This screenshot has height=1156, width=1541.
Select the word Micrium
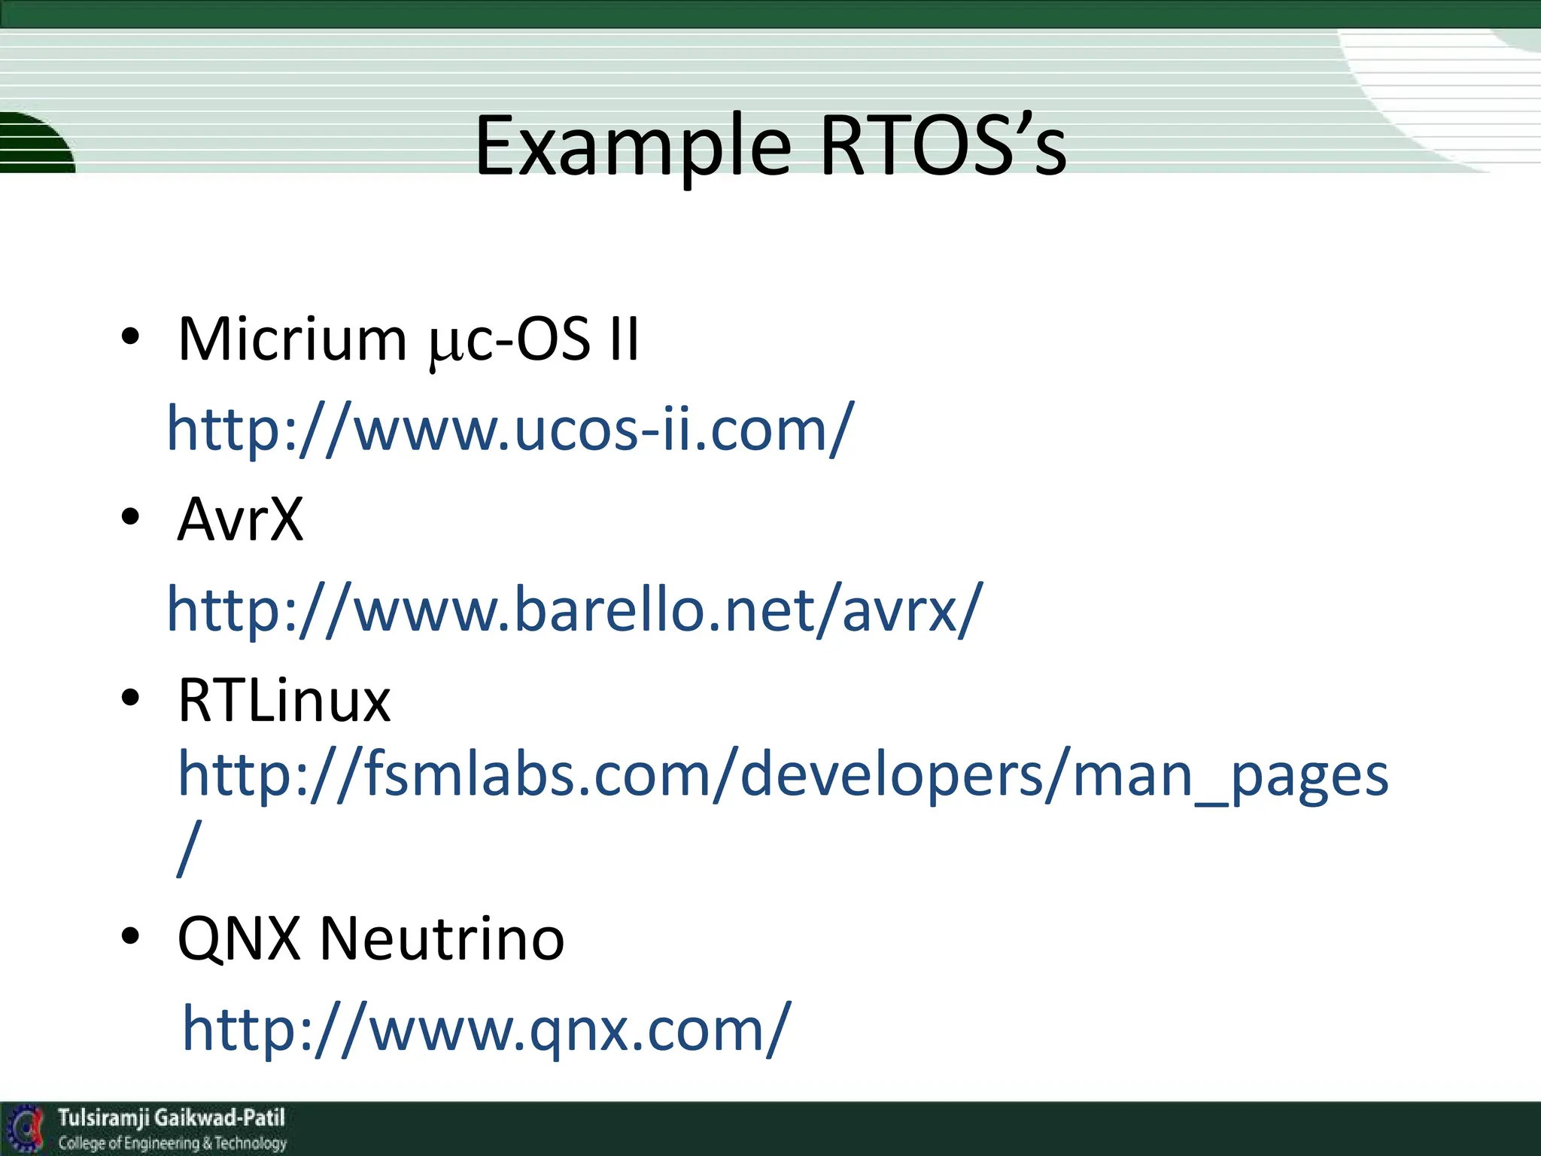[x=292, y=339]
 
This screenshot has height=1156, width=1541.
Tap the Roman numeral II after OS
[x=624, y=339]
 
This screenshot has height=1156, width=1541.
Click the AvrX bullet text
[x=240, y=519]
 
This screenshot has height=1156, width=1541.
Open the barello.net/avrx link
[x=574, y=610]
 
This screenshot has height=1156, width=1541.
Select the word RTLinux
[x=284, y=701]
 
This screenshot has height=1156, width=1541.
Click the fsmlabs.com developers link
[x=783, y=775]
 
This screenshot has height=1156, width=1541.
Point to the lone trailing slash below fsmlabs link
[x=189, y=849]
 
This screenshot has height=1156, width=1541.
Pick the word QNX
[x=239, y=939]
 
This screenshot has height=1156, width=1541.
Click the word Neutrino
[x=442, y=939]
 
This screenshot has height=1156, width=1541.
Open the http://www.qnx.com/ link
[x=486, y=1030]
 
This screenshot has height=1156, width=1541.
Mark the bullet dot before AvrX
[x=130, y=517]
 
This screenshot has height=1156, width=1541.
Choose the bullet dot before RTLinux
[x=130, y=698]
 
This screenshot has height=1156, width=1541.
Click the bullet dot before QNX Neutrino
[x=130, y=936]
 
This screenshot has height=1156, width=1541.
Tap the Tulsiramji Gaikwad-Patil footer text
[x=172, y=1118]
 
